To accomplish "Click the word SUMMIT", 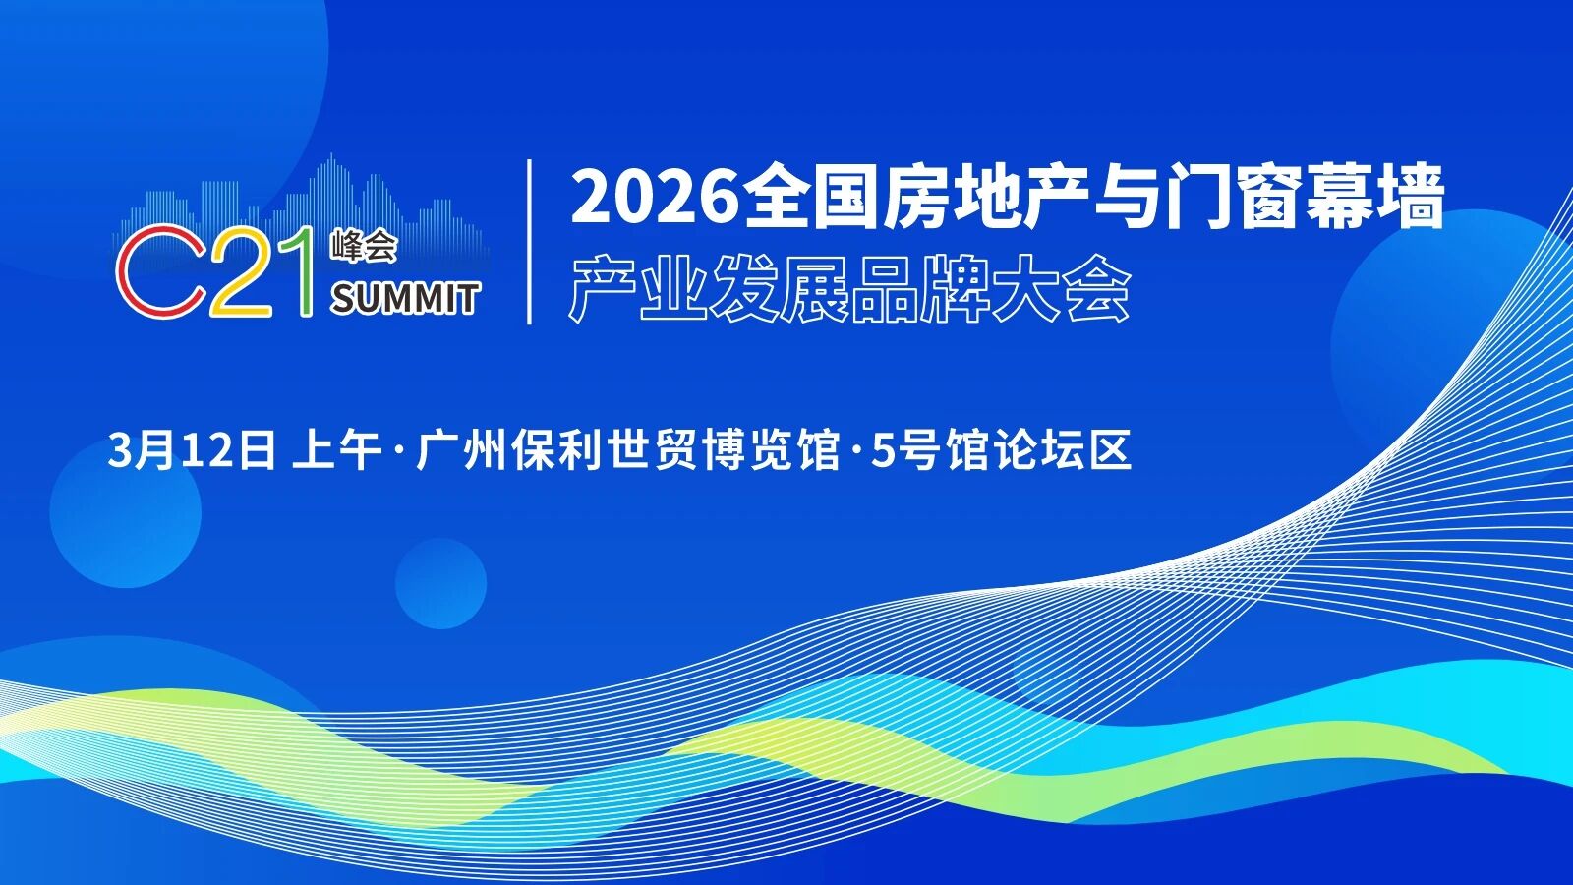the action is [x=404, y=298].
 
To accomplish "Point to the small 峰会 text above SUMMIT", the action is [x=364, y=246].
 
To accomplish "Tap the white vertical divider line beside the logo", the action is [x=530, y=242].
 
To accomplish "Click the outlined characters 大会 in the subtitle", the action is [x=1061, y=289].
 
